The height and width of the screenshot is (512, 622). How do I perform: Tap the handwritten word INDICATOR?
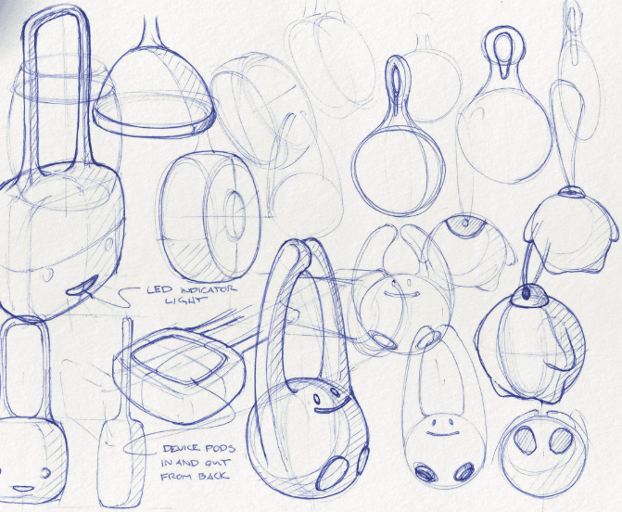tap(205, 289)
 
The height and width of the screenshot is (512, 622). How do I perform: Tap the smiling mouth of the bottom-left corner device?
tap(20, 487)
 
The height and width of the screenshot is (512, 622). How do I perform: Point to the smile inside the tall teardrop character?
tap(439, 427)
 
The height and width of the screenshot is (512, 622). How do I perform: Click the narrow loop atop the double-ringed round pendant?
tap(394, 84)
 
